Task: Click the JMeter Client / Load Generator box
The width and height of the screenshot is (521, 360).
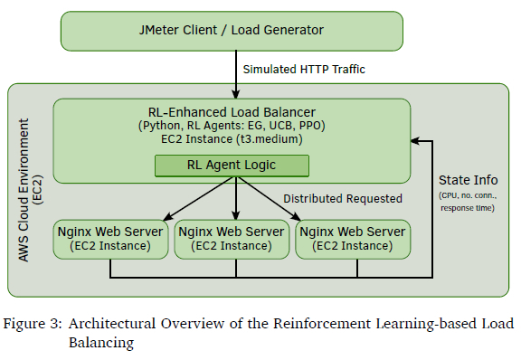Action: point(232,31)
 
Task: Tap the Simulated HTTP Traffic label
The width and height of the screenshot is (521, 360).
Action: point(304,70)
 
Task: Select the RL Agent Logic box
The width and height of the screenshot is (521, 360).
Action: point(232,166)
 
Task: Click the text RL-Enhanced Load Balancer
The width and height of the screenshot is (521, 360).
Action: point(232,112)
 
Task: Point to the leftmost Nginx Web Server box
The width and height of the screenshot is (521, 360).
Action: point(110,239)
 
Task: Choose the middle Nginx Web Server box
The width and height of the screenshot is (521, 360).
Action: point(232,239)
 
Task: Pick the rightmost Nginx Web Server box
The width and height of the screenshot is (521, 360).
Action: point(353,239)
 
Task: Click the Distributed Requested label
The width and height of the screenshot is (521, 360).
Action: point(343,198)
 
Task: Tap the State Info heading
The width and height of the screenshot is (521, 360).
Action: point(469,180)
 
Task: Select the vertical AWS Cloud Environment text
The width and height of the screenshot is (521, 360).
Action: point(24,190)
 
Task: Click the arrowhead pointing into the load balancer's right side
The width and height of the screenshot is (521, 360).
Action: point(415,141)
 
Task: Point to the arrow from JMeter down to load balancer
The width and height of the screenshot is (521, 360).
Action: point(236,74)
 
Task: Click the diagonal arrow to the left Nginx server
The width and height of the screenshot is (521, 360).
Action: point(199,198)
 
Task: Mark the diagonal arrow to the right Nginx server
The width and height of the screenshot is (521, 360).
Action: point(270,198)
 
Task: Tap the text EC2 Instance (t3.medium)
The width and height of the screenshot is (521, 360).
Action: point(232,139)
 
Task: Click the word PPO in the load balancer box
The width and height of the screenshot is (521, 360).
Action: point(312,126)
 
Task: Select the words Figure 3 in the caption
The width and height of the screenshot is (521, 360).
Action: point(33,324)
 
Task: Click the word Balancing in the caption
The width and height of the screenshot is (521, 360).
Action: point(101,343)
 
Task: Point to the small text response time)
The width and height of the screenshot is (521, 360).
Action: point(468,208)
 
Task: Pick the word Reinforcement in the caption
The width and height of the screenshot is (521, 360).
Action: point(322,324)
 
